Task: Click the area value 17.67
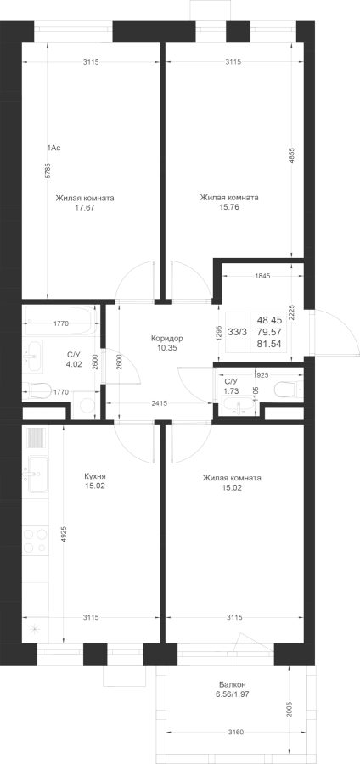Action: click(x=85, y=207)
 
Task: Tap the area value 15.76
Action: click(x=229, y=206)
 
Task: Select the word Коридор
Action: click(x=166, y=338)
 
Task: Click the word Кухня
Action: click(x=94, y=476)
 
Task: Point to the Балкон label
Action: click(x=232, y=684)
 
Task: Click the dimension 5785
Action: click(x=48, y=171)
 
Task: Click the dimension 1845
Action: click(x=262, y=275)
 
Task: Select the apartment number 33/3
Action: click(x=237, y=332)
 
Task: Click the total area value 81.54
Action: click(x=269, y=344)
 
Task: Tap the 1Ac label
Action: click(x=53, y=148)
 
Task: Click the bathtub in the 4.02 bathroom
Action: click(x=58, y=321)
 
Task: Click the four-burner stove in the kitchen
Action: click(x=36, y=541)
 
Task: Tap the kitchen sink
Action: click(x=37, y=474)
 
